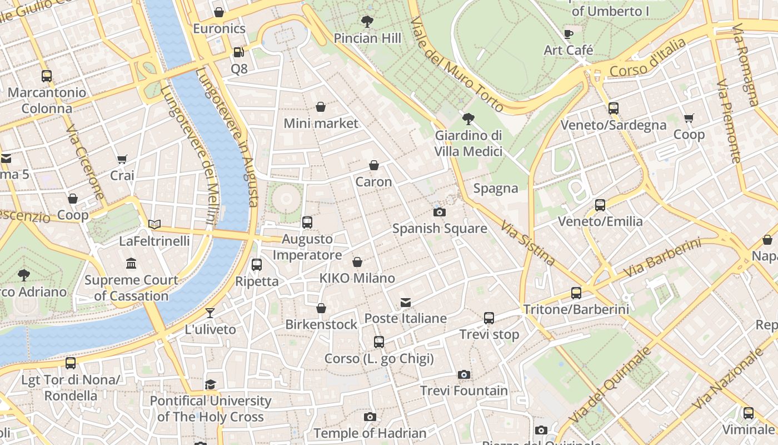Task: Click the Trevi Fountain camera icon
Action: tap(464, 375)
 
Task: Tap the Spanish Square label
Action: tap(440, 229)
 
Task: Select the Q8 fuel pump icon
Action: tap(239, 52)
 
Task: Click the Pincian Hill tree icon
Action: tap(367, 22)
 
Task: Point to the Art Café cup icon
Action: tap(568, 34)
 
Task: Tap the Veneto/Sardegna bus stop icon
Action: tap(614, 108)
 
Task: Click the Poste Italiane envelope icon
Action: tap(406, 303)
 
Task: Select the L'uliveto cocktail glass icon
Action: tap(210, 313)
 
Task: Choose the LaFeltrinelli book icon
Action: tap(154, 225)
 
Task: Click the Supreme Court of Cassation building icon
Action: tap(131, 263)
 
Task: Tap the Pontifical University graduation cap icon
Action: tap(210, 384)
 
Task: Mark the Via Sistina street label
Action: tap(527, 243)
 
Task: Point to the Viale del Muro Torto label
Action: tap(456, 64)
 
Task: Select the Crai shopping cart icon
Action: tap(122, 160)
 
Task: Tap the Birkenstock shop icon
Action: tap(321, 308)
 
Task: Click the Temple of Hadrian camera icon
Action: tap(370, 417)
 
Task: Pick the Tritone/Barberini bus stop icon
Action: tap(576, 293)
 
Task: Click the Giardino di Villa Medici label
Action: tap(468, 144)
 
